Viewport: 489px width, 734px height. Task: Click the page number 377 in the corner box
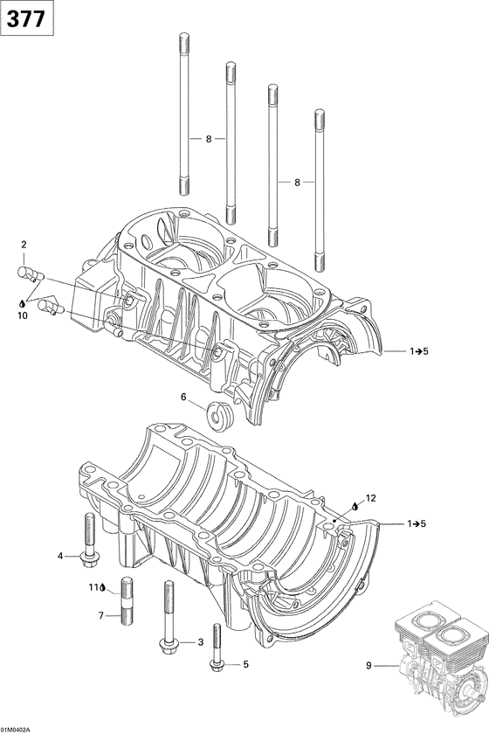point(27,18)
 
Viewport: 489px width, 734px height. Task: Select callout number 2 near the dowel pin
point(24,245)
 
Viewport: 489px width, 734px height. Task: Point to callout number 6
point(183,398)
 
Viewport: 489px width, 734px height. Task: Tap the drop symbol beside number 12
point(356,506)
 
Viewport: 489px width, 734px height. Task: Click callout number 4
point(60,556)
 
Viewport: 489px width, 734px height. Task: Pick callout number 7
point(100,616)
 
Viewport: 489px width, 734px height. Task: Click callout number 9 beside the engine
point(368,667)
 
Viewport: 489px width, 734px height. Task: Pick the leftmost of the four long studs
point(184,113)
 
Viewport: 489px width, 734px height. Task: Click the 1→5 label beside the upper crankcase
point(418,350)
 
